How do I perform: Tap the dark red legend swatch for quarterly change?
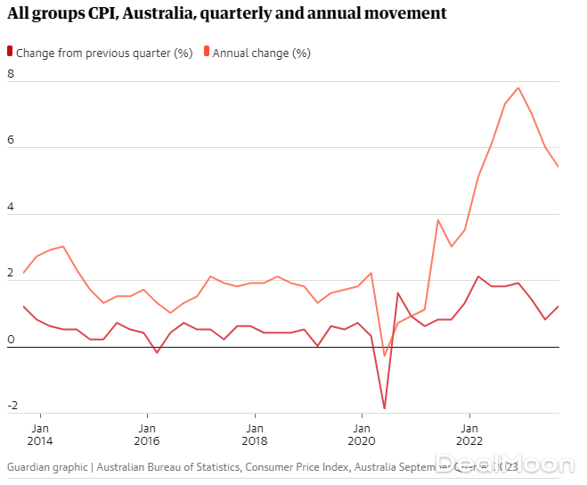[x=10, y=53]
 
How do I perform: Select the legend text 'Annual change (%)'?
[x=261, y=53]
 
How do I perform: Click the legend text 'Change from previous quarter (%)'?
[x=104, y=53]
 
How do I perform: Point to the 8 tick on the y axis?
[x=11, y=74]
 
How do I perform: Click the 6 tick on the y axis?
[x=11, y=141]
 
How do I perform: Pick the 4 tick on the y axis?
[x=11, y=207]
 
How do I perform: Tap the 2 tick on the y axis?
[x=11, y=274]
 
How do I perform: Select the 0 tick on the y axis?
[x=11, y=340]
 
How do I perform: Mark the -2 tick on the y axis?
[x=12, y=407]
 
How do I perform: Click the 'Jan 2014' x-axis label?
[x=40, y=433]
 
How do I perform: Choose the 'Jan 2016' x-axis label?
[x=147, y=433]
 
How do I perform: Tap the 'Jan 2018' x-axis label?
[x=254, y=433]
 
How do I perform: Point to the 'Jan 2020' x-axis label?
[x=361, y=433]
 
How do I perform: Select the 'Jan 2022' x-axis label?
[x=469, y=433]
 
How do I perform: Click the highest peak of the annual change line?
[x=518, y=87]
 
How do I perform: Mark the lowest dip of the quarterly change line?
[x=385, y=408]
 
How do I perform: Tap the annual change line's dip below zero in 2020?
[x=385, y=356]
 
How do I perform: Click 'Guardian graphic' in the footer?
[x=47, y=466]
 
